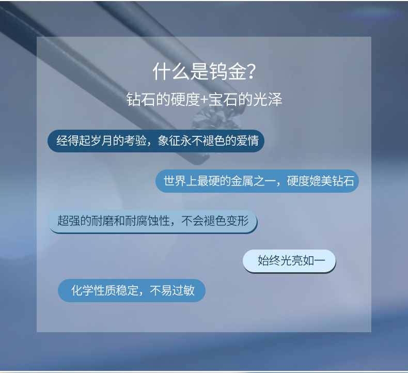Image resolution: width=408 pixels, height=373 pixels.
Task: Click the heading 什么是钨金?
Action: [x=205, y=71]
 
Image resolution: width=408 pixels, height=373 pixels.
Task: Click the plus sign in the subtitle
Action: [x=205, y=100]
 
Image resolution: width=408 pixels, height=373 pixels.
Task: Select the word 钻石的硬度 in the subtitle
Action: [x=163, y=99]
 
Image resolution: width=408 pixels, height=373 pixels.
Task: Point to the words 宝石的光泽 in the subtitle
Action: [x=245, y=99]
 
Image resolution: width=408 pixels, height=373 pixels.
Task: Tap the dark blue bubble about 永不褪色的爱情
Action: [x=156, y=141]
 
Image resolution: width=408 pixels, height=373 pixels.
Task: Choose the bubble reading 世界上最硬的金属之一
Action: [x=257, y=181]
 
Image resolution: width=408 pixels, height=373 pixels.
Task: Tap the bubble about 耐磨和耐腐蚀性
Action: [x=152, y=222]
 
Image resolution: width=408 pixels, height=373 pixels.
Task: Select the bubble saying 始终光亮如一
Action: [x=289, y=261]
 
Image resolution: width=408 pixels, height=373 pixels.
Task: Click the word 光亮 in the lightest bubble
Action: [x=291, y=260]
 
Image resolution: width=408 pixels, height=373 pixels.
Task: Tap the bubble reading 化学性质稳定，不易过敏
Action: [x=132, y=290]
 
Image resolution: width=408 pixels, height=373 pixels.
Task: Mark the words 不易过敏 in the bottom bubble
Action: [x=172, y=290]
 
